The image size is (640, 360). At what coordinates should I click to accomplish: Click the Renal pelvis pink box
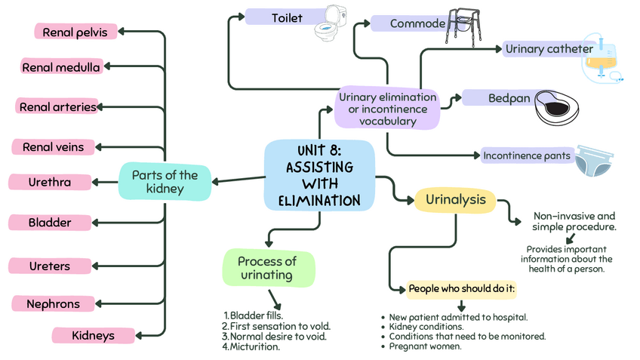[76, 32]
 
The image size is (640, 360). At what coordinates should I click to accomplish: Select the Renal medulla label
[61, 67]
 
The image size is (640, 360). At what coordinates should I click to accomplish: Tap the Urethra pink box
[50, 182]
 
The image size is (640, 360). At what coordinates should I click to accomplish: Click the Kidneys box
[93, 334]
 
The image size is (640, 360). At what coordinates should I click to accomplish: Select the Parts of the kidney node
[165, 182]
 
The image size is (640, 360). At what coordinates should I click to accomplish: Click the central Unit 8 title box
[319, 174]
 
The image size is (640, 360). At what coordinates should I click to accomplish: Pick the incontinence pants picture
[594, 159]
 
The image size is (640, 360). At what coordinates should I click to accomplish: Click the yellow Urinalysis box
[455, 200]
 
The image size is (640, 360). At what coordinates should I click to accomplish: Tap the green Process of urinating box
[267, 268]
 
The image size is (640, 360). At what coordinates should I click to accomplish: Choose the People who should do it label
[461, 289]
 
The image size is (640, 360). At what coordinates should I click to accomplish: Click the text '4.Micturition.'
[251, 347]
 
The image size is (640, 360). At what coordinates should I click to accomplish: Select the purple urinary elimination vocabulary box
[388, 108]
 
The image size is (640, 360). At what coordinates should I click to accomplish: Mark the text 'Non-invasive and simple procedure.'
[574, 221]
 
